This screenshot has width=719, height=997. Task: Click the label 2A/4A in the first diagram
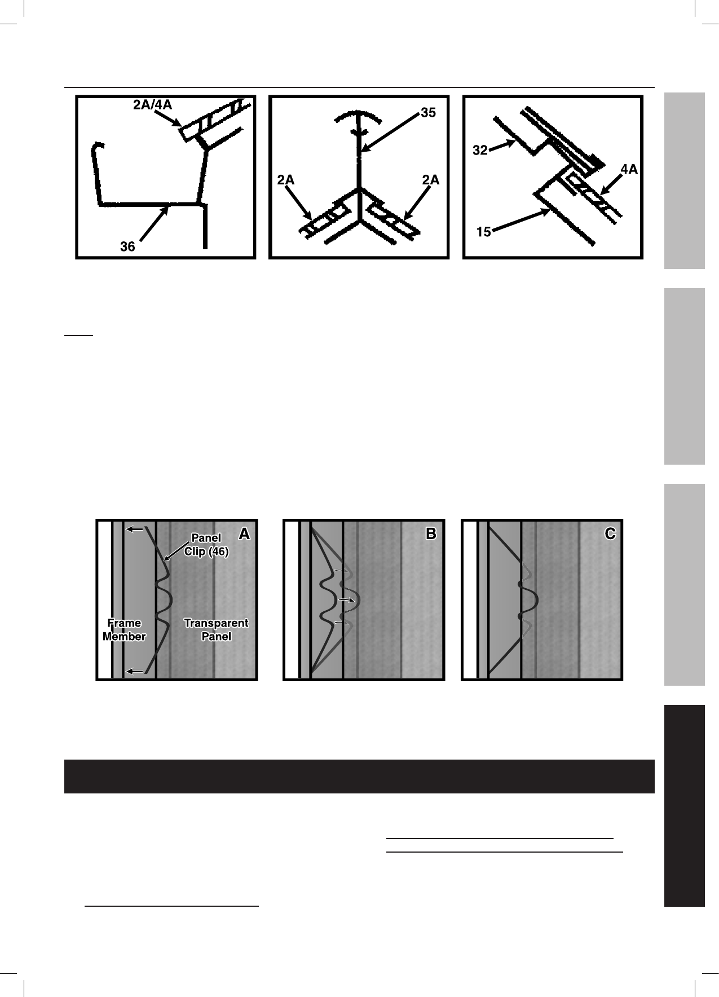[152, 105]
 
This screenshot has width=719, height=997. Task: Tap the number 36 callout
[127, 246]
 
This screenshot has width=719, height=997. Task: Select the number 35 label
[428, 113]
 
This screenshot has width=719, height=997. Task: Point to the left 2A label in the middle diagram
[286, 180]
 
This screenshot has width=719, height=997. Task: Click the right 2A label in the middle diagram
[430, 180]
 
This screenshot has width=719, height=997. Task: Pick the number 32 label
[479, 151]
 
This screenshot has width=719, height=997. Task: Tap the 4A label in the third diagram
[629, 169]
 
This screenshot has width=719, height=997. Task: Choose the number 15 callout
[483, 231]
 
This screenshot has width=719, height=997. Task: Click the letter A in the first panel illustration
[244, 534]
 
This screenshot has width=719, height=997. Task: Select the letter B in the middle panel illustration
[431, 534]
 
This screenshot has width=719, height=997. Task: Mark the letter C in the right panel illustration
[610, 534]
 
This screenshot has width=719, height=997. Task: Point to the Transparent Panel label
[216, 629]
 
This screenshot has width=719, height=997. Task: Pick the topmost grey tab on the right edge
[684, 180]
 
